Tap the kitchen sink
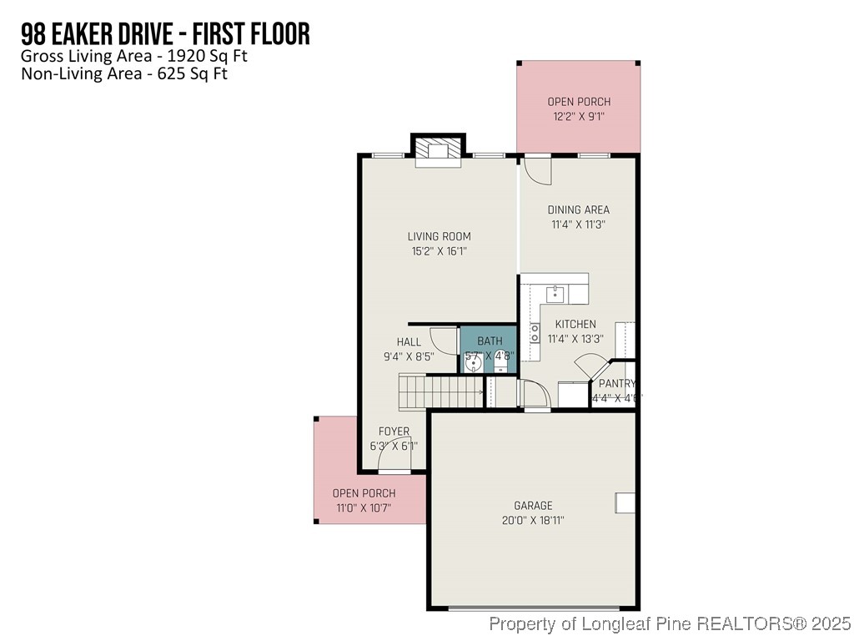(555, 294)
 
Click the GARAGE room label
(533, 506)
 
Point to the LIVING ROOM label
(439, 236)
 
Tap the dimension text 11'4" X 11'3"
(578, 224)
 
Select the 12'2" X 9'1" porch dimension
(579, 116)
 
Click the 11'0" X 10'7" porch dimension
(364, 507)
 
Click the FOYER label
(394, 432)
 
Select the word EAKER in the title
(92, 34)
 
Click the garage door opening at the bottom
(534, 608)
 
